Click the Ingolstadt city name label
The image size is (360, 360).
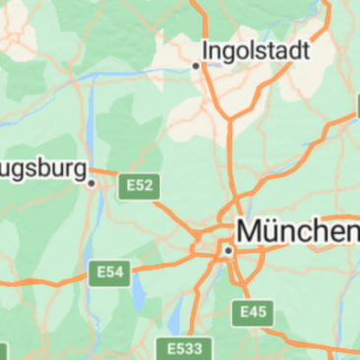click(x=256, y=49)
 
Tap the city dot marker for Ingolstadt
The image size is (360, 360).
click(x=196, y=66)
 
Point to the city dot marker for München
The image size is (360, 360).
click(x=228, y=251)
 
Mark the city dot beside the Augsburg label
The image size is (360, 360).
click(x=91, y=182)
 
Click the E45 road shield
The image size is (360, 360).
click(x=252, y=313)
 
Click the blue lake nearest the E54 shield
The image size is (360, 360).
click(x=139, y=289)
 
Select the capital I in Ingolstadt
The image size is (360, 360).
click(x=206, y=49)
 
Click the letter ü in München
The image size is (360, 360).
click(x=270, y=231)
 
